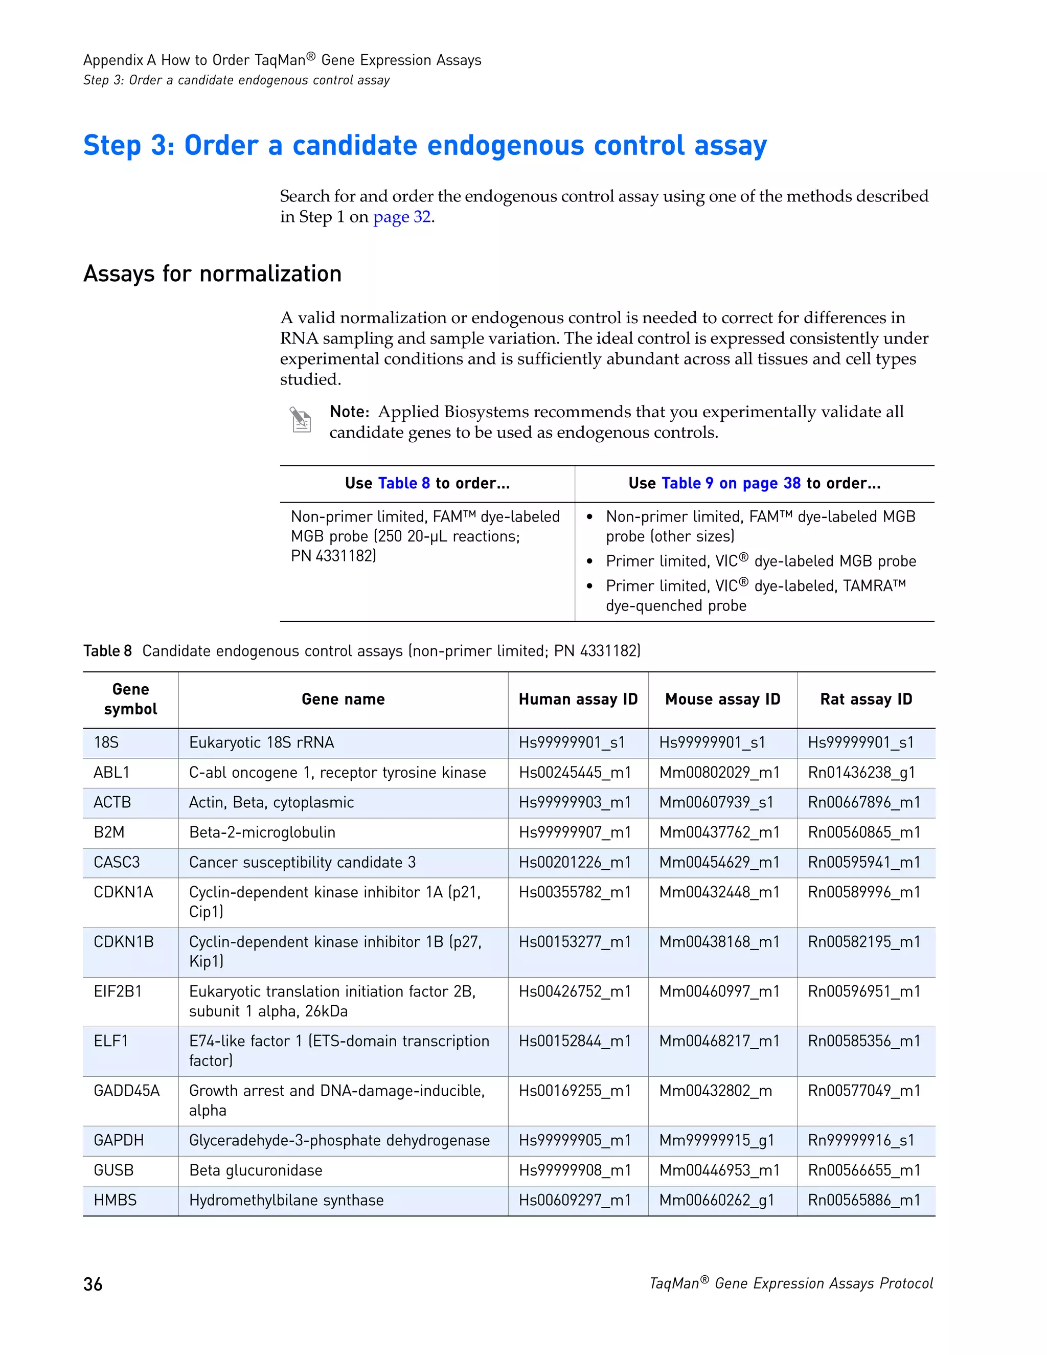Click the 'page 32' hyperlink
click(x=401, y=217)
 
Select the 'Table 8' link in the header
click(x=404, y=483)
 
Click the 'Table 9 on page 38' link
click(x=731, y=483)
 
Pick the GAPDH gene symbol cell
click(x=119, y=1140)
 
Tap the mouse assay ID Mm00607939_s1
click(x=716, y=802)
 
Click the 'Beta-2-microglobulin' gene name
click(x=262, y=832)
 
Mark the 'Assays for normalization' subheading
click(x=212, y=274)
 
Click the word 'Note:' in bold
click(x=349, y=412)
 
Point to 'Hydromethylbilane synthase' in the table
click(x=286, y=1200)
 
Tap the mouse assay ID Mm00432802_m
click(x=715, y=1091)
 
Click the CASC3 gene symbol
click(x=117, y=863)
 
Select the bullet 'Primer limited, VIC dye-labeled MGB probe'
click(x=760, y=561)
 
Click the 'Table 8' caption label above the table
click(x=107, y=651)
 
